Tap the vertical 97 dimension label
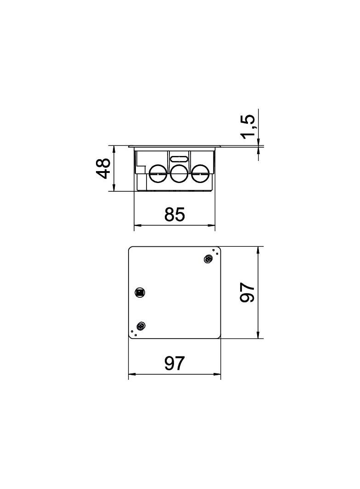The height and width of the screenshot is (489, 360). pos(247,292)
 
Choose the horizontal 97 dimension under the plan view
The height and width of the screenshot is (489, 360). pos(174,363)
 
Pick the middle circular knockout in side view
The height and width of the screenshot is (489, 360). pos(179,174)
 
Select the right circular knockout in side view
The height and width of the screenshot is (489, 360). pos(199,174)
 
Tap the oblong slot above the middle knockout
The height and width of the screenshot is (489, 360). pos(179,159)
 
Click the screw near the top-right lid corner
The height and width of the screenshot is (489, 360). pos(208,258)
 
